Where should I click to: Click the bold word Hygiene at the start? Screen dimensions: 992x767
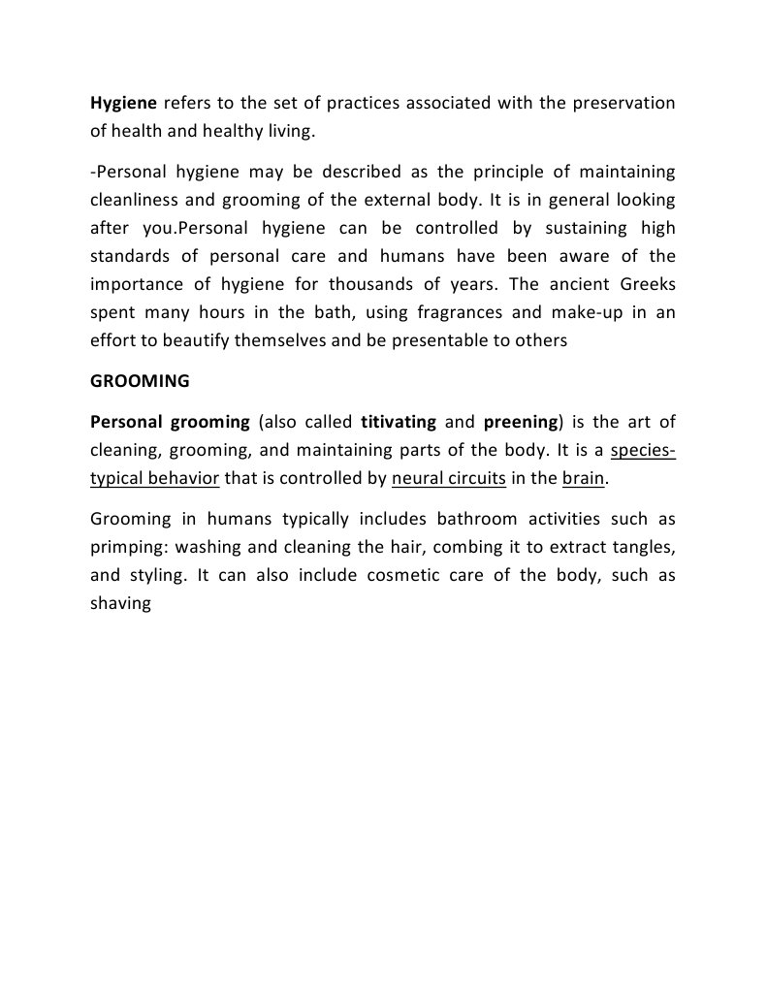click(x=123, y=104)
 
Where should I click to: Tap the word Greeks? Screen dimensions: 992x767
click(x=639, y=285)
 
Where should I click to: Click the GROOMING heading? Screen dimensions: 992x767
click(x=140, y=381)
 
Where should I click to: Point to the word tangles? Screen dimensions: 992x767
click(x=641, y=546)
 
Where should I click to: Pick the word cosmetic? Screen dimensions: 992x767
click(x=408, y=574)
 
